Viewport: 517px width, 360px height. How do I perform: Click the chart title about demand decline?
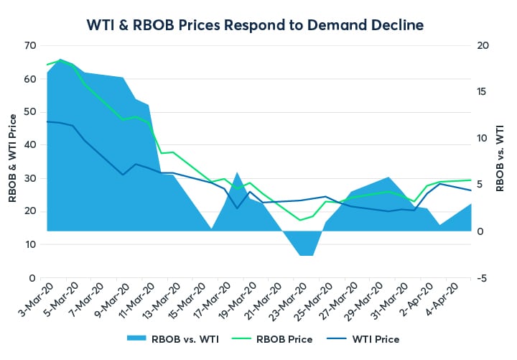[258, 24]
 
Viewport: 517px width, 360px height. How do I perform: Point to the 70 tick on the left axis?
[29, 45]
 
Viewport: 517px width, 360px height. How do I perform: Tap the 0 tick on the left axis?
[32, 277]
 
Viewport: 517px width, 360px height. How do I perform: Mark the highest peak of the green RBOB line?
[60, 60]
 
